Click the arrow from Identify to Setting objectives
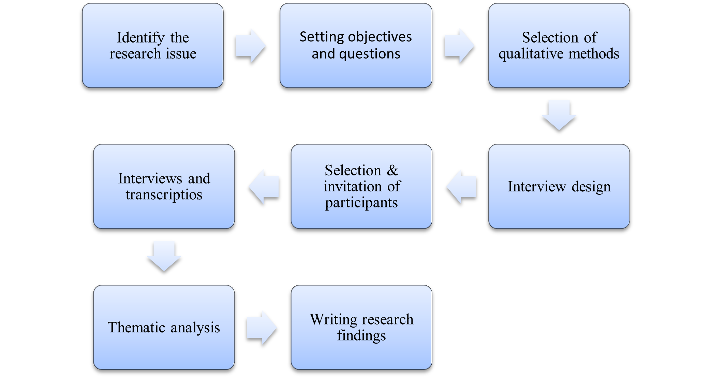(x=250, y=46)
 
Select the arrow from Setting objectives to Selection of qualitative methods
(x=459, y=46)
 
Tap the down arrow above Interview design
(x=559, y=115)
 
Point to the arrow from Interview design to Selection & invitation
(x=461, y=186)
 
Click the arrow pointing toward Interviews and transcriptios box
(x=264, y=186)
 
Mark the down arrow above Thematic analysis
(x=164, y=256)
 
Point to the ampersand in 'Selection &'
(x=392, y=170)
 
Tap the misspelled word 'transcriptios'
(x=164, y=195)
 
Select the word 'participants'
(x=361, y=203)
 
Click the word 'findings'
(x=361, y=335)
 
